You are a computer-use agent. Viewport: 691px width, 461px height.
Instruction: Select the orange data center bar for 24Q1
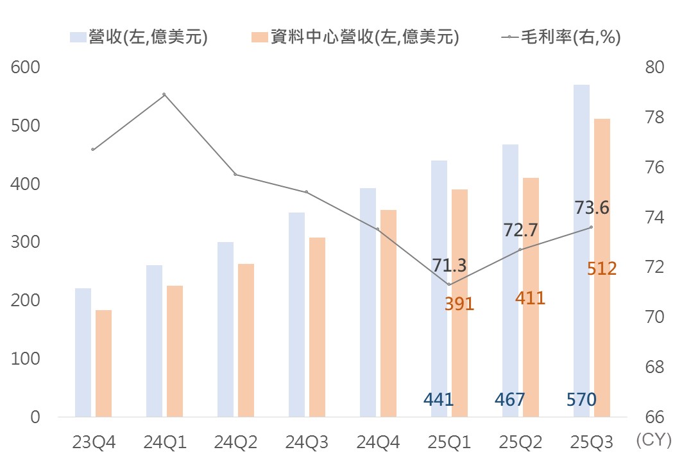175,351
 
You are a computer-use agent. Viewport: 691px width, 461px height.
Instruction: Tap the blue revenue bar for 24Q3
296,314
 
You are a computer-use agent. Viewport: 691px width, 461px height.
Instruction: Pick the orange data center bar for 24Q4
388,313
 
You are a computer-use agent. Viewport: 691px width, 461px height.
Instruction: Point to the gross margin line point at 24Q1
164,94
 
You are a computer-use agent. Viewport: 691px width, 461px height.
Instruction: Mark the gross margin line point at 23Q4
93,150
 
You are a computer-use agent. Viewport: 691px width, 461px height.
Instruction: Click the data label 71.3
450,265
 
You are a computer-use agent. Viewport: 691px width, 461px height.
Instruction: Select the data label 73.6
592,208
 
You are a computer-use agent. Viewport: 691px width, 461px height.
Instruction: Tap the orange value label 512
602,268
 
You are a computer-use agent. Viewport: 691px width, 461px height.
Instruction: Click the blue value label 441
439,399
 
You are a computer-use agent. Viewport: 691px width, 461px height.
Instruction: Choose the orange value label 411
530,298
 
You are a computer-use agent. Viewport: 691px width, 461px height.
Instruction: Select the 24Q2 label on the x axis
235,442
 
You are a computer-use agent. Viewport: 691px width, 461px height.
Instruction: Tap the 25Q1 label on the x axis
449,442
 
